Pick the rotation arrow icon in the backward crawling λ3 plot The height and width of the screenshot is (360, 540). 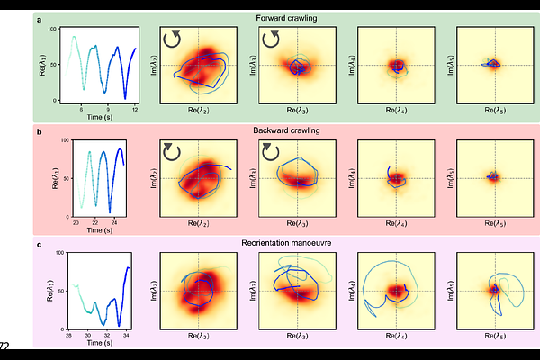click(271, 151)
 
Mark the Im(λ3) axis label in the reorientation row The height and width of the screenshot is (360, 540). click(253, 291)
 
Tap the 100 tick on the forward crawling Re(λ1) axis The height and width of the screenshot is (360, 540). click(52, 29)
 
